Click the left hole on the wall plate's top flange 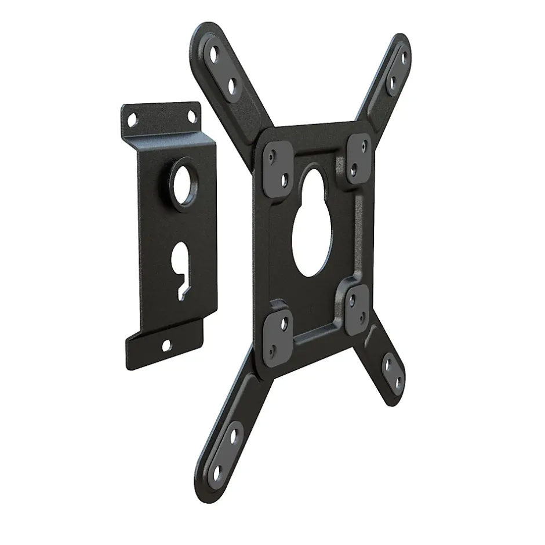133,119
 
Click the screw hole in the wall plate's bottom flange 167,346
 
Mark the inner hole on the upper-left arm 233,87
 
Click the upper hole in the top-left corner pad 272,155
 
